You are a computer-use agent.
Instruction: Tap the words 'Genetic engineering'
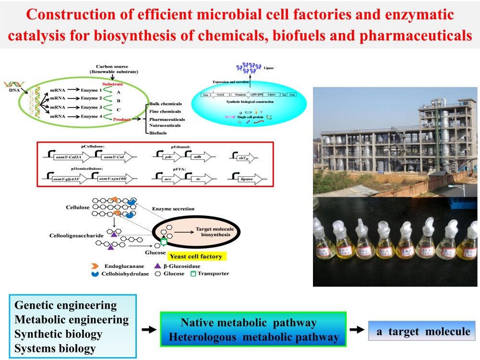[66, 305]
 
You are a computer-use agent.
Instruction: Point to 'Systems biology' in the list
[55, 348]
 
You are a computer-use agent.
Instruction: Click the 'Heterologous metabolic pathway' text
[254, 337]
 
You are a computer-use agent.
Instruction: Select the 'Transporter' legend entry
[210, 274]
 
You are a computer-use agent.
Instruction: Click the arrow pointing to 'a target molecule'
[356, 330]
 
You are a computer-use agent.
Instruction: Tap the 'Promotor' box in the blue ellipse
[242, 96]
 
